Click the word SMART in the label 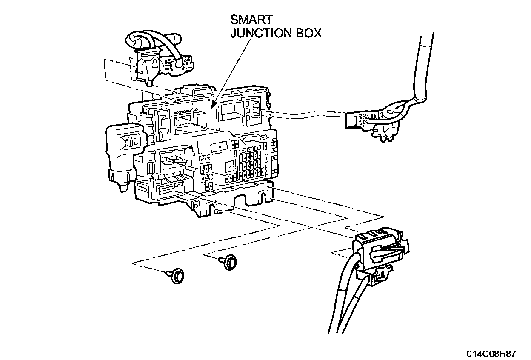251,20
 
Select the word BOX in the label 308,34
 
